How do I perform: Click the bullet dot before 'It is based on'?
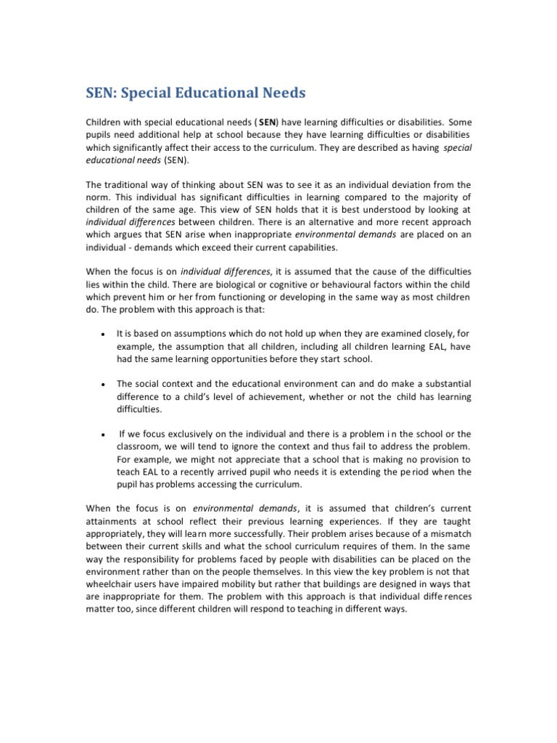pyautogui.click(x=104, y=334)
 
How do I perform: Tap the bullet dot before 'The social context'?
pyautogui.click(x=104, y=385)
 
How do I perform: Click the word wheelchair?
pyautogui.click(x=111, y=583)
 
